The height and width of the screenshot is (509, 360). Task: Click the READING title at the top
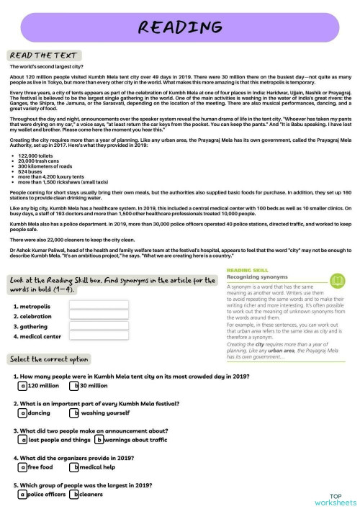(x=179, y=27)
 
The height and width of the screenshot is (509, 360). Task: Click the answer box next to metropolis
(x=99, y=305)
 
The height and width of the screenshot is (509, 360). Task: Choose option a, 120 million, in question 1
(x=24, y=386)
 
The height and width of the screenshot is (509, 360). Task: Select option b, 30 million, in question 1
(x=74, y=386)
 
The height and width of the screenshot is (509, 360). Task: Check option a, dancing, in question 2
(x=24, y=413)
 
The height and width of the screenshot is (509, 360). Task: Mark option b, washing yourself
(x=74, y=413)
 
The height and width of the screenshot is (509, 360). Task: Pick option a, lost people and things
(x=24, y=439)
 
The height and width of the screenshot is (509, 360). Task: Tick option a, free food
(x=24, y=467)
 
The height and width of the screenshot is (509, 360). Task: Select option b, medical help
(x=74, y=467)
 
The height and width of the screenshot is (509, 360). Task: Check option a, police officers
(x=24, y=494)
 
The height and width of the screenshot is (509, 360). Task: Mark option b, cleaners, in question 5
(x=74, y=494)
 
